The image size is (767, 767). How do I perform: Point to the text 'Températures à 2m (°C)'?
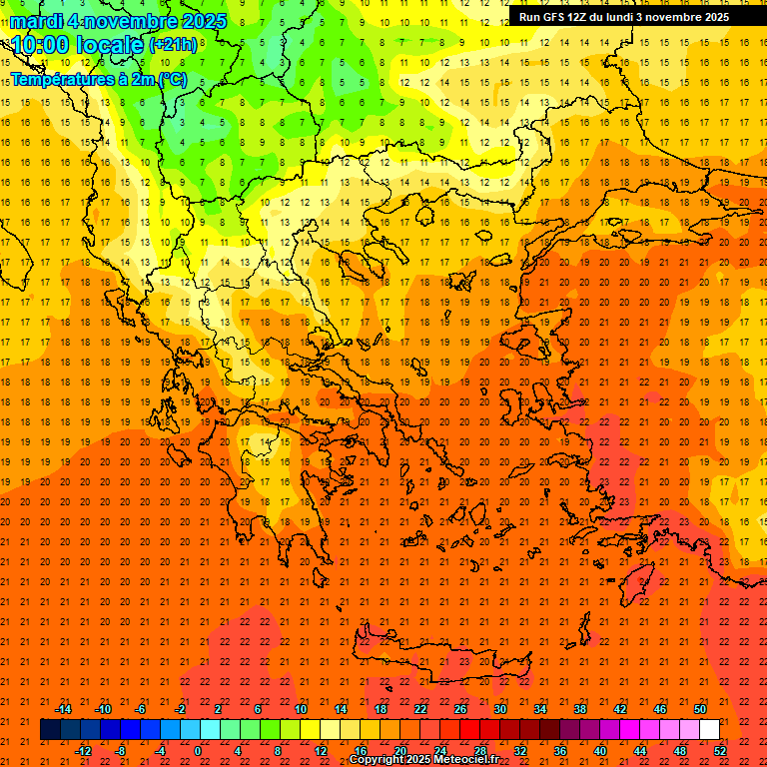(98, 79)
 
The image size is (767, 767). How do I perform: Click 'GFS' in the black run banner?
(555, 17)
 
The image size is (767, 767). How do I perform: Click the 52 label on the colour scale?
(720, 751)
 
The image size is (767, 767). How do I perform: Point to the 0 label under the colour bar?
(198, 751)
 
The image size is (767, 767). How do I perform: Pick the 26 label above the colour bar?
(460, 709)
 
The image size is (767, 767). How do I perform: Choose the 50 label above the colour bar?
(700, 709)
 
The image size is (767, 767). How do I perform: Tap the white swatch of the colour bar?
(709, 730)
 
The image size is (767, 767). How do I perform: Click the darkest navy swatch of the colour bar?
(50, 730)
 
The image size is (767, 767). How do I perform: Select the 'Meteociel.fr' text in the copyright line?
(464, 760)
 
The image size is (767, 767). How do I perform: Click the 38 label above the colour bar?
(580, 709)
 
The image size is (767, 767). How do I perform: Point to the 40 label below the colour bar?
(600, 751)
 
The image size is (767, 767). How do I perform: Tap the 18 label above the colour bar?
(381, 709)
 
